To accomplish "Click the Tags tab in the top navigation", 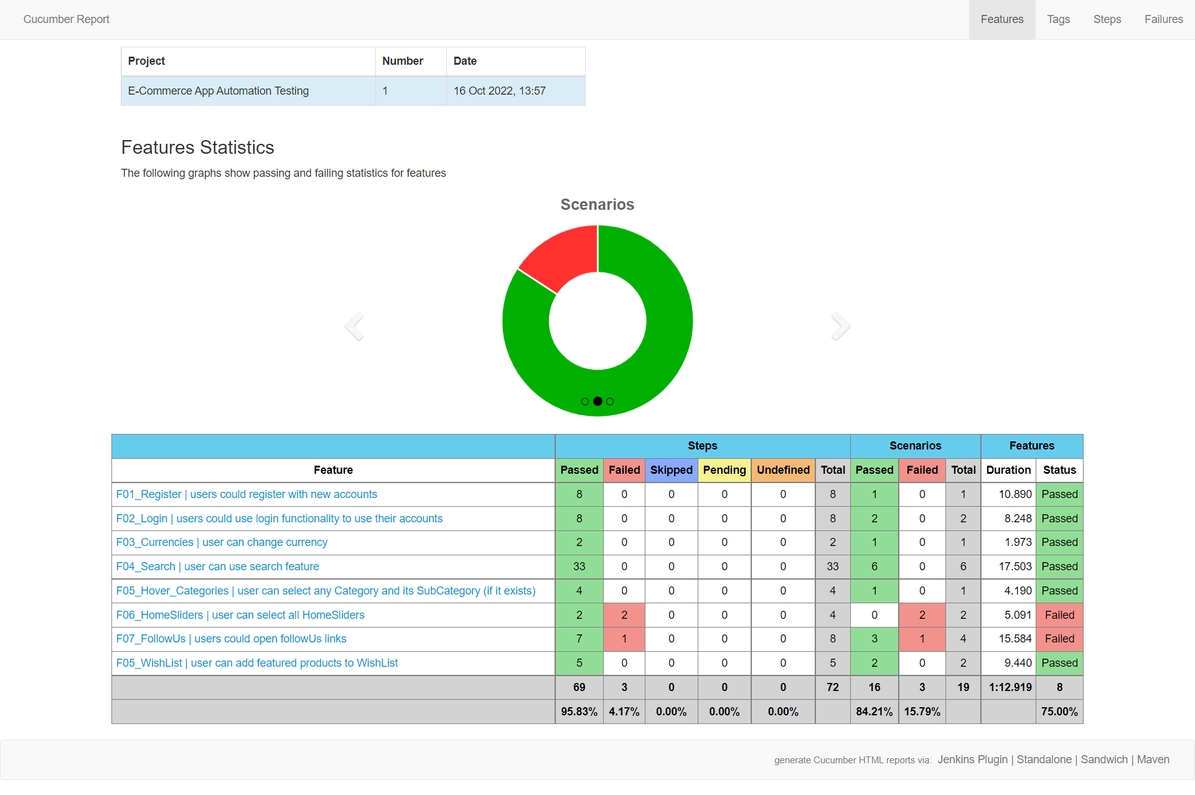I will (1058, 19).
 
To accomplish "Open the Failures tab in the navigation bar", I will (1163, 19).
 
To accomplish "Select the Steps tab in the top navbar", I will (1107, 19).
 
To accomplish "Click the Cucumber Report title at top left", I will (67, 19).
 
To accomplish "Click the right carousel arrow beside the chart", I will (840, 326).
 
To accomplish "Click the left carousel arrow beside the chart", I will (355, 326).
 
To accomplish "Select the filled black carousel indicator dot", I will (597, 402).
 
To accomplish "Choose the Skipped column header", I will (671, 470).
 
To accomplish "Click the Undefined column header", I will (783, 470).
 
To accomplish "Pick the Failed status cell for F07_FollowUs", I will (1059, 639).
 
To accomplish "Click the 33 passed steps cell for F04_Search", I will (579, 567).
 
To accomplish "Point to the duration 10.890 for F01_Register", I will (1015, 494).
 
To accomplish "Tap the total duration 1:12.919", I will (1010, 687).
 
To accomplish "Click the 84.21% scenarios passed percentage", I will (874, 712).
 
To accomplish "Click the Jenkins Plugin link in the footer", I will (972, 760).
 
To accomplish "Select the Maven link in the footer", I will (1153, 760).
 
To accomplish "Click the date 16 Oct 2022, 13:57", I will (499, 91).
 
